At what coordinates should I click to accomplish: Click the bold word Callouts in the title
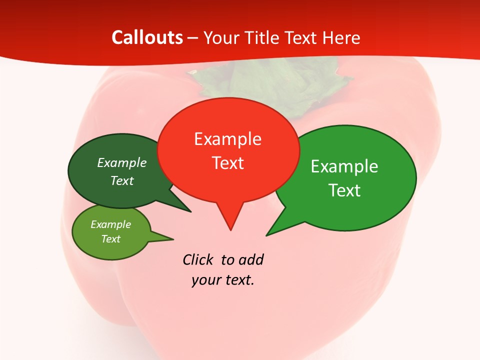(147, 37)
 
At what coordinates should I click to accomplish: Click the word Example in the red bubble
(227, 139)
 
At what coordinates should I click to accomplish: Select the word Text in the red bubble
(227, 163)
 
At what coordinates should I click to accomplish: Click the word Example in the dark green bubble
(122, 162)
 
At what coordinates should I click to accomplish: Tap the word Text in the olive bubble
(110, 239)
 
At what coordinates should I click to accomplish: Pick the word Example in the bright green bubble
(344, 166)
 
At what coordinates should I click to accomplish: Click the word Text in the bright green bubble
(345, 190)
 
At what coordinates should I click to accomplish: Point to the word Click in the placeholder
(198, 260)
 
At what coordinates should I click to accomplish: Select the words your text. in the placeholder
(223, 280)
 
